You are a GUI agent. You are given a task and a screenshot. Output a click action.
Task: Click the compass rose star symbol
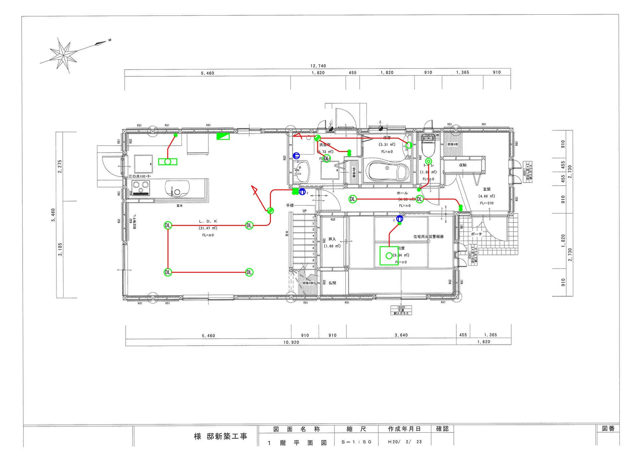click(63, 55)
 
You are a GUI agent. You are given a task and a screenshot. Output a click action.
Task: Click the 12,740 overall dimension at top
click(318, 66)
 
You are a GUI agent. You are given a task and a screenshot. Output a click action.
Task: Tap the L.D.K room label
click(208, 221)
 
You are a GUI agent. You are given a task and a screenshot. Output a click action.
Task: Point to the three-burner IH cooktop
click(141, 188)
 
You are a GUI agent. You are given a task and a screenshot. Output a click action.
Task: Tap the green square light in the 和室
click(389, 256)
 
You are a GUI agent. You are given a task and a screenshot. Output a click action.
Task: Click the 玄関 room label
click(487, 189)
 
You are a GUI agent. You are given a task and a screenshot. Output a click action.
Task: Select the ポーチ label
click(476, 234)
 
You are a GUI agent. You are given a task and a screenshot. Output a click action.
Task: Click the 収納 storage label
click(463, 165)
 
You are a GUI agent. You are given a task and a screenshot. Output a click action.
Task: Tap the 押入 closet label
click(332, 239)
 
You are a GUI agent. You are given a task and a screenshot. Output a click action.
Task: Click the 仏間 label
click(332, 283)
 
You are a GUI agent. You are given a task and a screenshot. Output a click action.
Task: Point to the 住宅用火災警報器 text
click(428, 237)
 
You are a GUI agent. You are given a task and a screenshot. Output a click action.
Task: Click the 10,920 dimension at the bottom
click(291, 342)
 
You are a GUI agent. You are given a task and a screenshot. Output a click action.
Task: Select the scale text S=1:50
click(356, 442)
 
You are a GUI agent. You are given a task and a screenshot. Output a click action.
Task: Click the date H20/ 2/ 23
click(405, 442)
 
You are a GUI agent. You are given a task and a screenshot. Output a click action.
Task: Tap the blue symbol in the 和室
click(400, 219)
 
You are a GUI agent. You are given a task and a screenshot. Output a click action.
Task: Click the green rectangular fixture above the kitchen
click(223, 136)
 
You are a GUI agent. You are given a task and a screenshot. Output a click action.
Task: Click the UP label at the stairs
click(304, 211)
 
